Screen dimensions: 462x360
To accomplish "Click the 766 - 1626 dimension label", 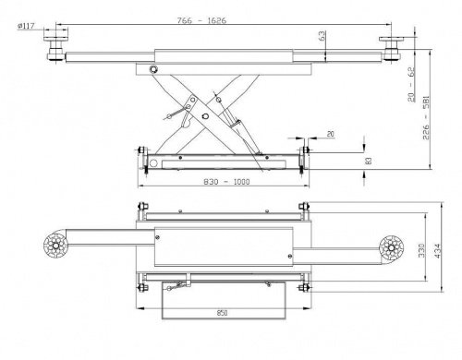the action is pyautogui.click(x=201, y=20).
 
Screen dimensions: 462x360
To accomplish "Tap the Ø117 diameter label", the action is pyautogui.click(x=27, y=26).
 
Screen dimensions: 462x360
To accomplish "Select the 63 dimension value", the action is pyautogui.click(x=322, y=36).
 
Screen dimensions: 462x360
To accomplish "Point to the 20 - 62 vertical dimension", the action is pyautogui.click(x=411, y=84).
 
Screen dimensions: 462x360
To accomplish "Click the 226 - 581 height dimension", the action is pyautogui.click(x=426, y=118).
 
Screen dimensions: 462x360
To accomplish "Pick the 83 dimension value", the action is pyautogui.click(x=369, y=161).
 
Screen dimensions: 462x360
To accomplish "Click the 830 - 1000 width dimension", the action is pyautogui.click(x=226, y=182).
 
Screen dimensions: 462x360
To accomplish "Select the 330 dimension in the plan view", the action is pyautogui.click(x=421, y=250).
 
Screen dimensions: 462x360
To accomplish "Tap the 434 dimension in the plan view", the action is pyautogui.click(x=437, y=250).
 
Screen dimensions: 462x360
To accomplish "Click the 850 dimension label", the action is pyautogui.click(x=222, y=313).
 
